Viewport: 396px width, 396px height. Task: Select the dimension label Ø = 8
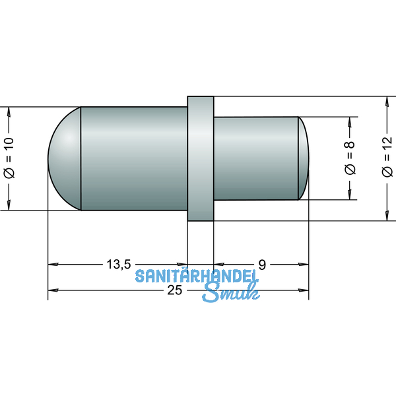[349, 158]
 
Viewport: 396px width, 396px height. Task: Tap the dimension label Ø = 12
[386, 158]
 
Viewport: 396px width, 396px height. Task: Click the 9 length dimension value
[262, 265]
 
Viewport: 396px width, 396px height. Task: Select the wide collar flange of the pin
[201, 158]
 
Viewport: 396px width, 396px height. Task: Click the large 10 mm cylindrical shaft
[132, 158]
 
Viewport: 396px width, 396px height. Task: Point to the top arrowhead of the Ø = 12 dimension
[386, 102]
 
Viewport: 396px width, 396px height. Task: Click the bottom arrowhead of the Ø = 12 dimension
[386, 215]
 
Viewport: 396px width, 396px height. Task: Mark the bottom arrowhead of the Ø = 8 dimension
[349, 195]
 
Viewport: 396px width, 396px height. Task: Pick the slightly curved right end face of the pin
[304, 158]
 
